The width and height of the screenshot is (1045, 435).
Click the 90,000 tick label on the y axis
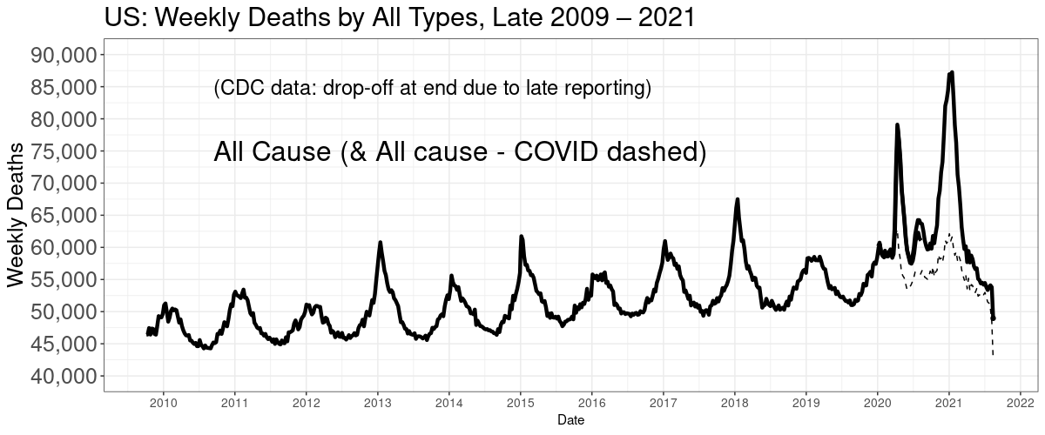(64, 55)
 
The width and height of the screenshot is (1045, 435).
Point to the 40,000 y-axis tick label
(64, 376)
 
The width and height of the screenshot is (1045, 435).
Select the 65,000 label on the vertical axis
(64, 216)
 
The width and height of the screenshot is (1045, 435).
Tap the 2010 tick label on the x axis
(164, 403)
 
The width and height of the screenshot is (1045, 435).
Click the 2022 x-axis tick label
(1021, 403)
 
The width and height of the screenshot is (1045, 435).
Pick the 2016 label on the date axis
(591, 403)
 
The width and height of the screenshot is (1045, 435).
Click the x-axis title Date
(570, 420)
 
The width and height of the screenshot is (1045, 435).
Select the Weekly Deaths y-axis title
(16, 215)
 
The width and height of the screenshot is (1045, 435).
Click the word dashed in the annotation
(656, 152)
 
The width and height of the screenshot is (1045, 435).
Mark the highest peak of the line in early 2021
(951, 73)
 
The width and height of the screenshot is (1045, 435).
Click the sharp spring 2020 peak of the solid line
(897, 125)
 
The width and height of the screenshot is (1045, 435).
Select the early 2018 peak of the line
(737, 199)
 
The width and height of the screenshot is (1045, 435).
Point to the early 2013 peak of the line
(381, 243)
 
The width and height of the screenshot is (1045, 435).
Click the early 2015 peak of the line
(522, 237)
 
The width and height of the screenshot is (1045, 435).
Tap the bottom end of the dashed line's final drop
(993, 355)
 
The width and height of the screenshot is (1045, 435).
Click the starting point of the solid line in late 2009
(148, 333)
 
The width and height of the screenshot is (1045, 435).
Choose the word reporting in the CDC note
(608, 88)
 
